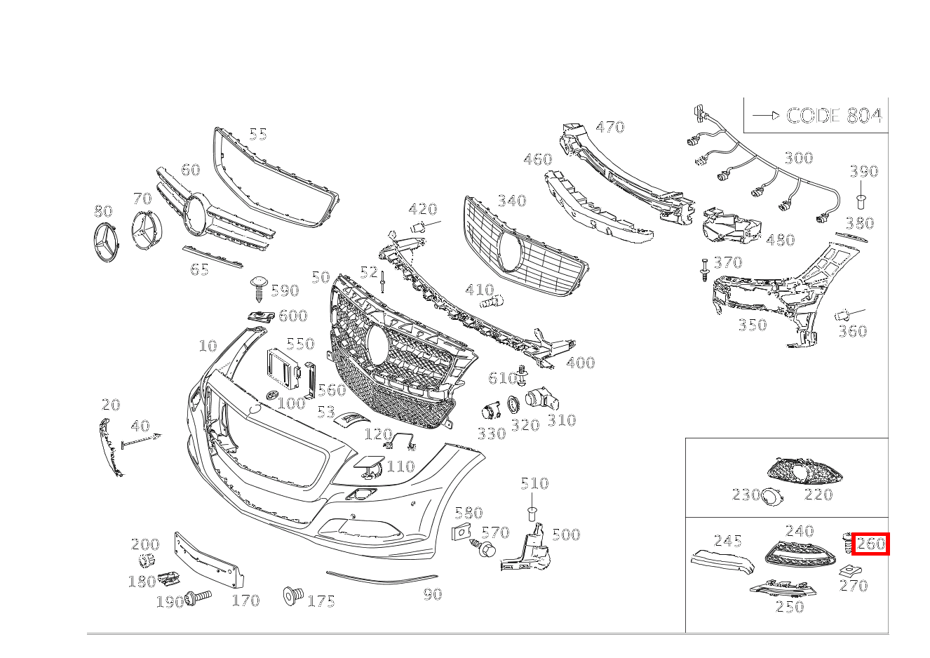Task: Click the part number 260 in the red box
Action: (x=870, y=544)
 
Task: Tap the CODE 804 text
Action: (x=833, y=116)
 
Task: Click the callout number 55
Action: (x=258, y=133)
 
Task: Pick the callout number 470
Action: (x=609, y=127)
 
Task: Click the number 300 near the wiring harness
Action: (x=798, y=158)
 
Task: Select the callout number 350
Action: (x=752, y=325)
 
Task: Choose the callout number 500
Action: (x=565, y=535)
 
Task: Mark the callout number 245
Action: (x=727, y=541)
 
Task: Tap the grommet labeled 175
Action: (x=292, y=596)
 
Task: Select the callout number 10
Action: (x=208, y=346)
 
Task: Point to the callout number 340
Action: (x=511, y=201)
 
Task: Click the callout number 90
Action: (x=432, y=594)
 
